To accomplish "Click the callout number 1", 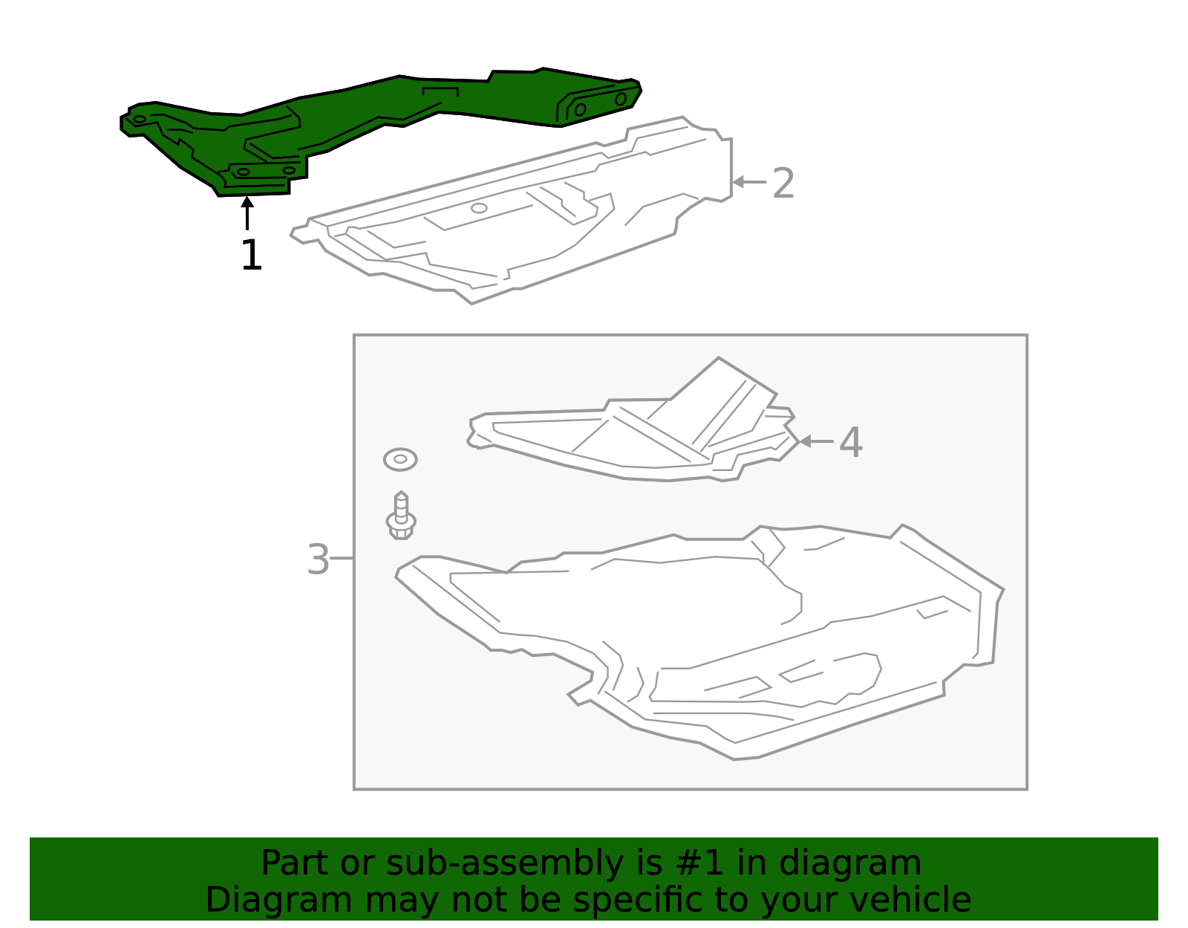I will [x=252, y=256].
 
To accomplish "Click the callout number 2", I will [x=783, y=183].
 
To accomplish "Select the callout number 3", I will [x=318, y=559].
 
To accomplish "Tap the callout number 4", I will [x=850, y=443].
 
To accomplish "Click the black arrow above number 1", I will [x=247, y=212].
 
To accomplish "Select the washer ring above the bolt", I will [x=400, y=459].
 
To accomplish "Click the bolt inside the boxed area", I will [x=401, y=516].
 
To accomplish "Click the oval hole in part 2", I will [x=479, y=208].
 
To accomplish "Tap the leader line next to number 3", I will [x=342, y=558].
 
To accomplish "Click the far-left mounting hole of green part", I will [x=139, y=120].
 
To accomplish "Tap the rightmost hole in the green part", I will [x=621, y=99].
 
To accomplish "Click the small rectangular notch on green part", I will [x=440, y=92].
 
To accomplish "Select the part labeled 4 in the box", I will [x=631, y=438].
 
